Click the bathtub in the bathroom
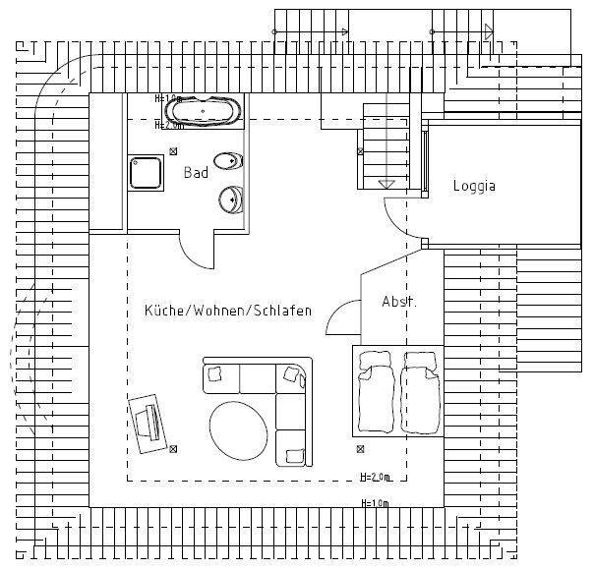(x=205, y=110)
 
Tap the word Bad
(x=196, y=173)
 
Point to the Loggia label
(x=474, y=186)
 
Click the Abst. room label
(x=398, y=302)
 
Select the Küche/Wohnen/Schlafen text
(x=228, y=311)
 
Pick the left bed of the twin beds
(x=378, y=391)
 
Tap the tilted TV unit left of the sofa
(x=148, y=421)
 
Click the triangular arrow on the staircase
(x=386, y=184)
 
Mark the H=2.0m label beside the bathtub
(x=170, y=126)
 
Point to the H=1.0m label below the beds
(x=376, y=503)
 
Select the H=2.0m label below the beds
(x=376, y=478)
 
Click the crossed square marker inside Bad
(x=174, y=151)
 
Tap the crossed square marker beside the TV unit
(x=173, y=449)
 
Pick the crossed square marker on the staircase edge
(x=360, y=151)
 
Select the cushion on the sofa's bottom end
(x=293, y=454)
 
